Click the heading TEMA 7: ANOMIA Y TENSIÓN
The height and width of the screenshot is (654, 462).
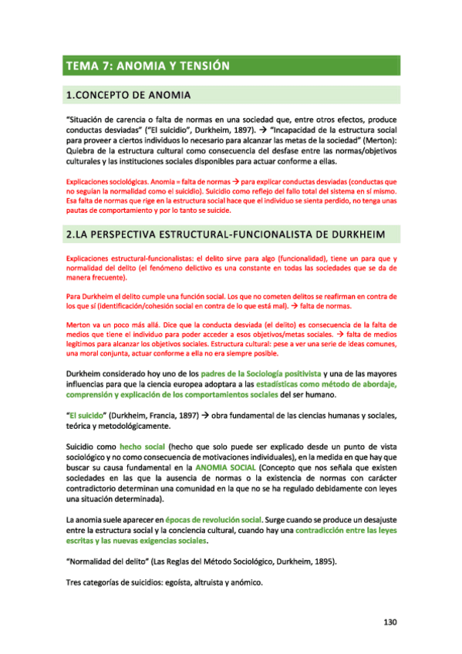(148, 66)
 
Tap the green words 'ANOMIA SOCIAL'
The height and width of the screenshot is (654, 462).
(224, 467)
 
